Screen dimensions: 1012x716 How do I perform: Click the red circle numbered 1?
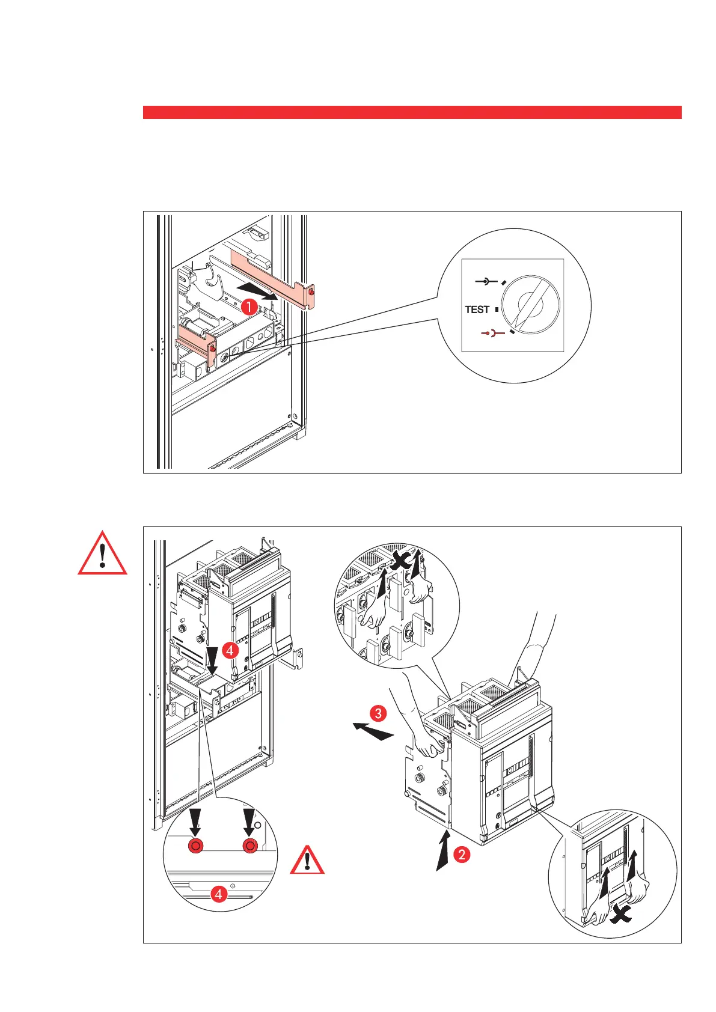click(248, 306)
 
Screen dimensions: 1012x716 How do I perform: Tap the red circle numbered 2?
click(462, 854)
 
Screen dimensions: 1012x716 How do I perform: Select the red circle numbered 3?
click(378, 713)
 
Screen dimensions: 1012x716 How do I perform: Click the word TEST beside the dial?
click(477, 309)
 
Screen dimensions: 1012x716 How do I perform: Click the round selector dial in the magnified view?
click(531, 304)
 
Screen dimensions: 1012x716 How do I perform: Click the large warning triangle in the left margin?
click(103, 554)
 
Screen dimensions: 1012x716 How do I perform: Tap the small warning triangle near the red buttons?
click(307, 861)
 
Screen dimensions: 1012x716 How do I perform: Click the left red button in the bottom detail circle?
click(195, 846)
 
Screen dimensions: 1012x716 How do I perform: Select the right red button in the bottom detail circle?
click(249, 846)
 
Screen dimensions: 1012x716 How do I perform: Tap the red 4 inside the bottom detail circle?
click(219, 894)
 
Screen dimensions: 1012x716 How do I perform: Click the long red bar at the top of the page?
click(412, 112)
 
